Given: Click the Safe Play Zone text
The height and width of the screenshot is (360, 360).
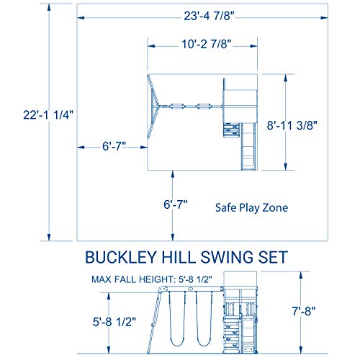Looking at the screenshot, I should tap(251, 208).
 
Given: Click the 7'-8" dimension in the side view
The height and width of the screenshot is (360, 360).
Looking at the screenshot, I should tap(315, 314).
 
